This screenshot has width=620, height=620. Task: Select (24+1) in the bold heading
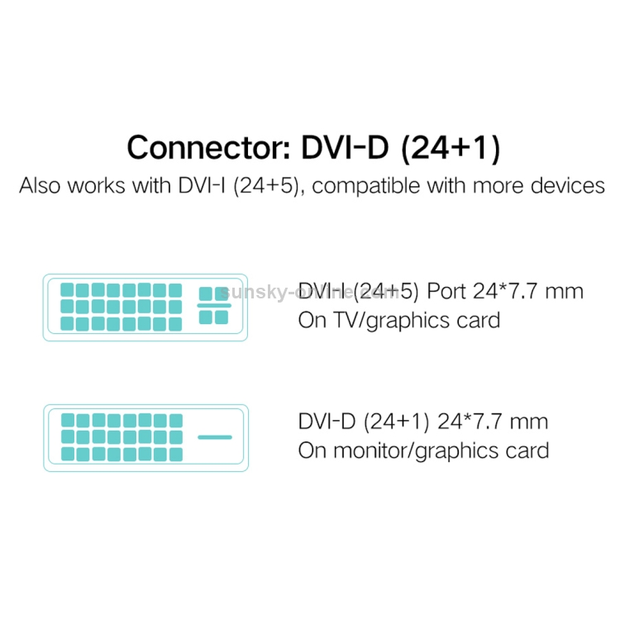pos(447,148)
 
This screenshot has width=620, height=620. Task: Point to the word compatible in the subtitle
pos(365,185)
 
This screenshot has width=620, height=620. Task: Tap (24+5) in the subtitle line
pos(264,185)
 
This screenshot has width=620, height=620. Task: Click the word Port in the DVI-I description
pos(451,292)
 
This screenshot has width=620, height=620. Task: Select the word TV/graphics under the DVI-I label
pos(390,321)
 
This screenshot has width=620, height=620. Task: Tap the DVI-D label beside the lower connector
pos(327,422)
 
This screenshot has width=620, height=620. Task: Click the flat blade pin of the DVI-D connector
pos(215,436)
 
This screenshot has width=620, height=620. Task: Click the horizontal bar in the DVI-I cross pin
pos(214,305)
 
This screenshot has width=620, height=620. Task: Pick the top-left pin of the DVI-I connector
pos(69,291)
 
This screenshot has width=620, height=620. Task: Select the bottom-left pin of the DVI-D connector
pos(69,454)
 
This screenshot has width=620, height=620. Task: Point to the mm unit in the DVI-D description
pos(530,422)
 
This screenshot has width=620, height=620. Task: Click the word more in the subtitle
pos(498,185)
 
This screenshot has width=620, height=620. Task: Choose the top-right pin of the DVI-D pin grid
pos(175,420)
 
